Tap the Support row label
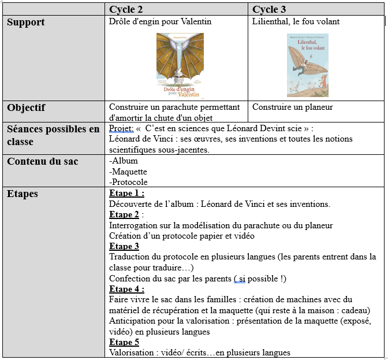tap(26, 23)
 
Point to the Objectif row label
tap(26, 107)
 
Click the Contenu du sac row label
tap(43, 161)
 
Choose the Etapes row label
tap(23, 194)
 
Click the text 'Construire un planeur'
tap(293, 107)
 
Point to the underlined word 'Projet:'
tap(121, 129)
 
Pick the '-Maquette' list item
tap(128, 172)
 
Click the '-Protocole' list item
tap(128, 182)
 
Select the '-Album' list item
tap(124, 161)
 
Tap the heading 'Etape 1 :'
tap(126, 194)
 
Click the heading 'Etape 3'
tap(124, 246)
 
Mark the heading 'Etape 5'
tap(124, 342)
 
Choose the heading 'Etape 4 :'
tap(126, 289)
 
